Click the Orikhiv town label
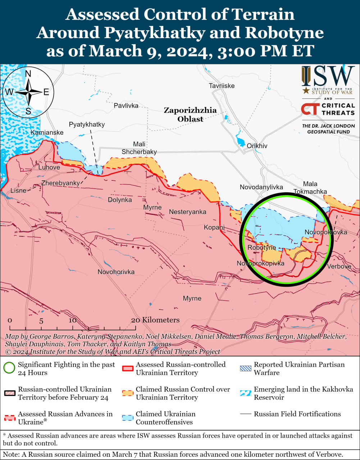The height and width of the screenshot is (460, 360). point(257,146)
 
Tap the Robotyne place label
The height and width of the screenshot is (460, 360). point(261,248)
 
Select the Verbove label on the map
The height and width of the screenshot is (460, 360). point(339,266)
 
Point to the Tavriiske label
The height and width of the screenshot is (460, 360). point(222,86)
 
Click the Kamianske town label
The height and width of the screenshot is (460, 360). point(47,133)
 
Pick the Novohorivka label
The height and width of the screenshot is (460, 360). point(116,272)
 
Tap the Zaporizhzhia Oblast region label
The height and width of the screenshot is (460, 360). point(190,114)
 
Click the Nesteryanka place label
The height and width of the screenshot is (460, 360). point(187,212)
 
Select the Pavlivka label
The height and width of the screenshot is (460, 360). point(126,106)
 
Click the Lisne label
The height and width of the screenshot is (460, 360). point(18,190)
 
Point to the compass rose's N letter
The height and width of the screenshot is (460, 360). point(28,74)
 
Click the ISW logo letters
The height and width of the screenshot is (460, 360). point(328,76)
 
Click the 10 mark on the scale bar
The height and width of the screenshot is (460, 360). point(73,321)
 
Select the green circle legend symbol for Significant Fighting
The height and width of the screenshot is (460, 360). point(9,368)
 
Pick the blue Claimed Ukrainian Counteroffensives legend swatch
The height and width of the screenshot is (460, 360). point(127,418)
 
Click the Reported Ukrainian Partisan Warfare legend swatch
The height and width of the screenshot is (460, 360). point(245,368)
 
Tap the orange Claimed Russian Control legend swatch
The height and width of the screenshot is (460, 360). point(127,393)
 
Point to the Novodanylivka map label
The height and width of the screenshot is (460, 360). point(261,187)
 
